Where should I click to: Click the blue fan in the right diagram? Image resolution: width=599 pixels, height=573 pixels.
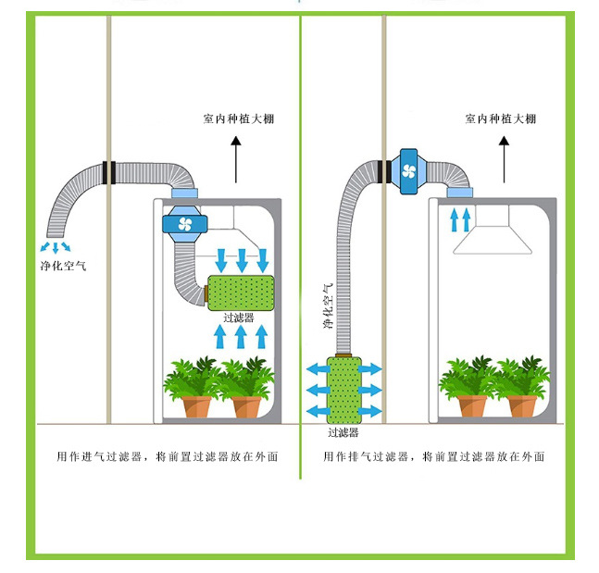408,169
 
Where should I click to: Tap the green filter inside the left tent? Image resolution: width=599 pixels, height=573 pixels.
239,293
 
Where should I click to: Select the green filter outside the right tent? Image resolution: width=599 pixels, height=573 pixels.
344,389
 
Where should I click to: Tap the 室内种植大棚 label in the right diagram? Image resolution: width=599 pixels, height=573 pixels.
500,118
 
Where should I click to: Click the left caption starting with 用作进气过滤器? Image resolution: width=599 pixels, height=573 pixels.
168,456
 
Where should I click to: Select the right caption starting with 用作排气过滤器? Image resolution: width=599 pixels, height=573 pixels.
433,456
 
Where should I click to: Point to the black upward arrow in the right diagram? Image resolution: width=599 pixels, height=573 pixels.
504,159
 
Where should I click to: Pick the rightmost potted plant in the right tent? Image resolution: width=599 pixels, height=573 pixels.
521,389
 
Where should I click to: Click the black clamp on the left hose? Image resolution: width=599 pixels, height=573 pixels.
109,171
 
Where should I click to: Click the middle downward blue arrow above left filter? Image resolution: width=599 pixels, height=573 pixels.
242,258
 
